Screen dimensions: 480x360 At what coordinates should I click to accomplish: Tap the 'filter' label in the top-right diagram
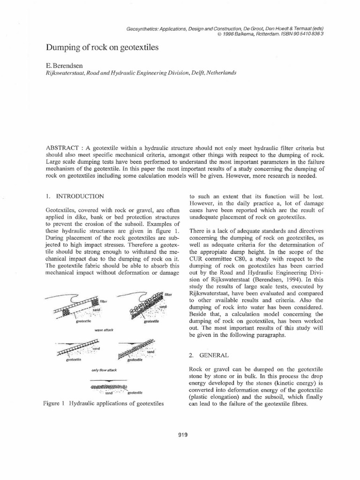[169, 294]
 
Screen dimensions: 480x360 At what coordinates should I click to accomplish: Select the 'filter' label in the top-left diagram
[104, 300]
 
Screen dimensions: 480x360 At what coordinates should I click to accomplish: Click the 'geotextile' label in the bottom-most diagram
[135, 391]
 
